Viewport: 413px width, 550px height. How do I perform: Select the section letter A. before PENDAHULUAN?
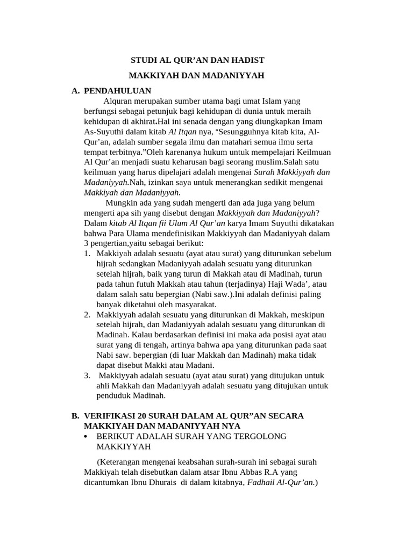tap(76, 91)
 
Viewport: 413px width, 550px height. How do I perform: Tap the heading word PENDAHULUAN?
tap(117, 91)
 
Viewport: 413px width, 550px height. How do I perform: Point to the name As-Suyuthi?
tap(104, 132)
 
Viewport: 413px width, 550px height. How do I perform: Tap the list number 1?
tap(87, 254)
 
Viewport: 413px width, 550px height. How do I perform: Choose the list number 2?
tap(87, 314)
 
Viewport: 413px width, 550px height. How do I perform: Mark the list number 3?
tap(87, 375)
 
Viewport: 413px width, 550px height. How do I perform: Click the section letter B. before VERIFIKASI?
tap(76, 416)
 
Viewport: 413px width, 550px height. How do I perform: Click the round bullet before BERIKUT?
tap(87, 436)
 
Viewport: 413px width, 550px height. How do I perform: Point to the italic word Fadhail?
tap(262, 482)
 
